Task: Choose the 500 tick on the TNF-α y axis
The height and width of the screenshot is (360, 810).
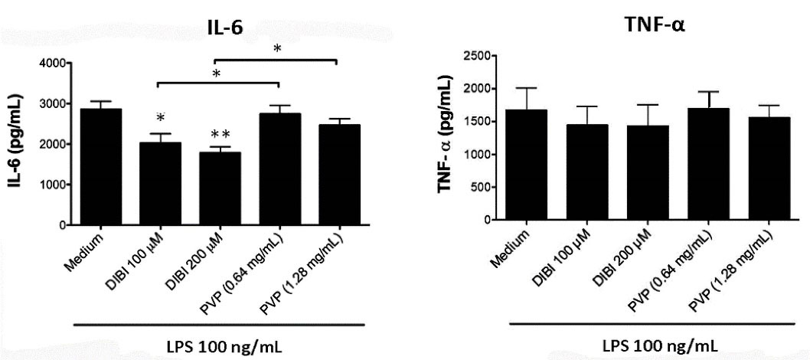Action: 475,187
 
